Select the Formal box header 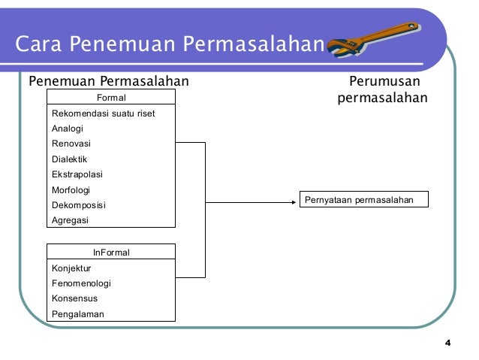click(x=111, y=98)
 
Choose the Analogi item click(x=68, y=129)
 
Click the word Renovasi click(x=71, y=144)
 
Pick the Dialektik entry click(x=70, y=159)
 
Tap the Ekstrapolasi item click(x=77, y=174)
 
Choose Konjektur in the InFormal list click(x=71, y=268)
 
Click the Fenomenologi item click(x=81, y=283)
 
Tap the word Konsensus click(x=74, y=298)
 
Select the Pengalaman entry click(x=78, y=314)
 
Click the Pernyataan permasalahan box click(x=364, y=200)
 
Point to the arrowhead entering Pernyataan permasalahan click(x=294, y=201)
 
